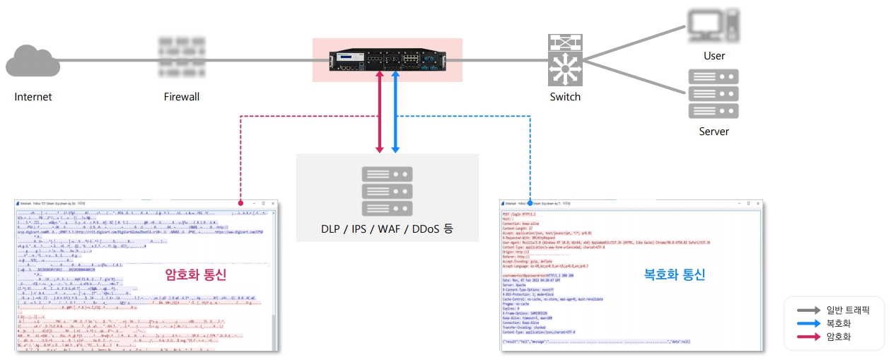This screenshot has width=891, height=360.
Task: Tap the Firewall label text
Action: pyautogui.click(x=182, y=97)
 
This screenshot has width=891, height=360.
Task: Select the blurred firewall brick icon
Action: pyautogui.click(x=181, y=57)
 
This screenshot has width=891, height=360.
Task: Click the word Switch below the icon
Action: pyautogui.click(x=565, y=97)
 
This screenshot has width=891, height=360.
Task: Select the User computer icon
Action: pyautogui.click(x=714, y=25)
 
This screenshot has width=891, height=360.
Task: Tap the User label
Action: pyautogui.click(x=714, y=56)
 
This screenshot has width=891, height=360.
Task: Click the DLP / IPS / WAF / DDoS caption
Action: pyautogui.click(x=387, y=228)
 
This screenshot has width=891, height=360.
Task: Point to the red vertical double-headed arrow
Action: pyautogui.click(x=380, y=111)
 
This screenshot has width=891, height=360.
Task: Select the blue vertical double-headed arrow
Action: pyautogui.click(x=396, y=111)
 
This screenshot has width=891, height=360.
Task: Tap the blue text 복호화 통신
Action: pyautogui.click(x=675, y=274)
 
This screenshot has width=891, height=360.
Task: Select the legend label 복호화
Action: pyautogui.click(x=839, y=324)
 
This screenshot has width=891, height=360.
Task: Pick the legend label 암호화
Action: pyautogui.click(x=839, y=337)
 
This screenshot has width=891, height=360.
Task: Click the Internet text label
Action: pyautogui.click(x=33, y=97)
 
